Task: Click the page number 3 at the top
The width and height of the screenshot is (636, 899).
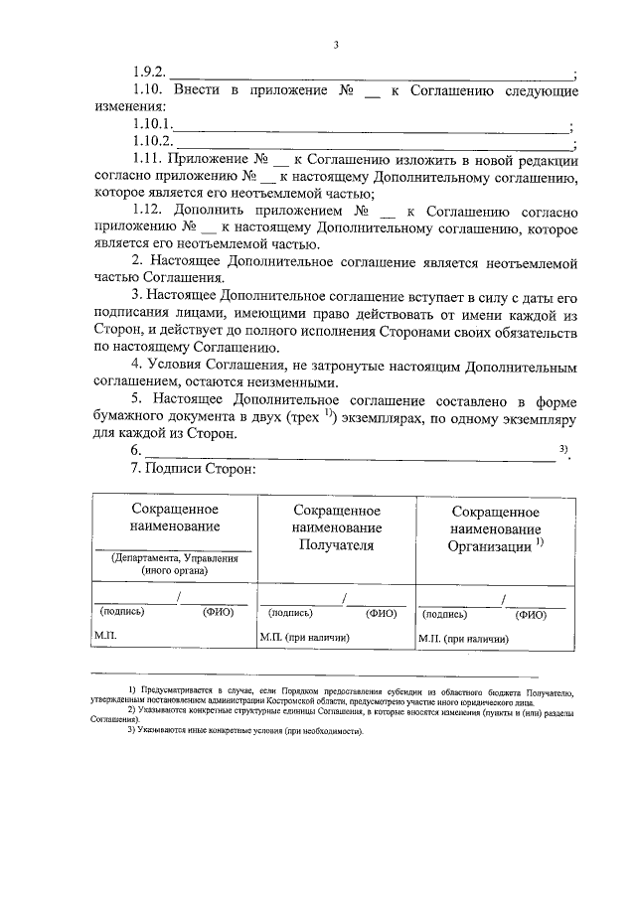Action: [336, 45]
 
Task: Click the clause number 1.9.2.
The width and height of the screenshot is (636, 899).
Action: [149, 73]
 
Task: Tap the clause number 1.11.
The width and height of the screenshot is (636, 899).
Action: [147, 160]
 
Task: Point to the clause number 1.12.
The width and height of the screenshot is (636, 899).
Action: [147, 213]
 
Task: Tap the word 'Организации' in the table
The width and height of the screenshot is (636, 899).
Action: [490, 545]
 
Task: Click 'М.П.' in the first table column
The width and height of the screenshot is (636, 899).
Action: [104, 633]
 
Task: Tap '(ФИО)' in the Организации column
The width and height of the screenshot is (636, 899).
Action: [533, 615]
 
